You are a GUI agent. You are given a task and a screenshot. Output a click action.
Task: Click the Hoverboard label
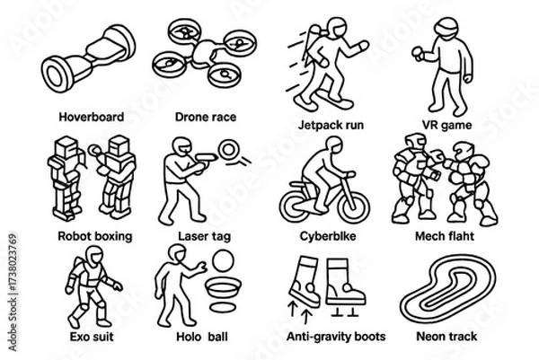(x=92, y=117)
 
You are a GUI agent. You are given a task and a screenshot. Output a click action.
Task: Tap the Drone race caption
(x=206, y=117)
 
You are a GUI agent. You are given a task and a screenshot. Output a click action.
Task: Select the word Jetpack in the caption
(x=316, y=125)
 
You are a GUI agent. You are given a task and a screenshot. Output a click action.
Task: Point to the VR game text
(x=446, y=125)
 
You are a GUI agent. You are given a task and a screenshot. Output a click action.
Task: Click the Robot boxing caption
(x=95, y=236)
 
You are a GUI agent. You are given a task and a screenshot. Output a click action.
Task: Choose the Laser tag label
(x=204, y=236)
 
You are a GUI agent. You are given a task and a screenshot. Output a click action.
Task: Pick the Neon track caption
(x=446, y=336)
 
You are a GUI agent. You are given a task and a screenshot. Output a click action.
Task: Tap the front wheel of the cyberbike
(x=353, y=206)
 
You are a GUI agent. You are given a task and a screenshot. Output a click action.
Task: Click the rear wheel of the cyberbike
(x=296, y=206)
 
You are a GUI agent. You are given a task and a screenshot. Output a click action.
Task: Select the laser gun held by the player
(x=206, y=159)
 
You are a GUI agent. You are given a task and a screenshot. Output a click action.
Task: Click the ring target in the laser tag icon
(x=228, y=150)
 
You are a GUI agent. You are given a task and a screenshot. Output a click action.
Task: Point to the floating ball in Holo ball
(x=223, y=261)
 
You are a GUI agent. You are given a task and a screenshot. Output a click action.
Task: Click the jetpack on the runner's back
(x=312, y=40)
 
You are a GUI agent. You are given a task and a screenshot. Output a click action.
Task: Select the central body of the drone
(x=204, y=54)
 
